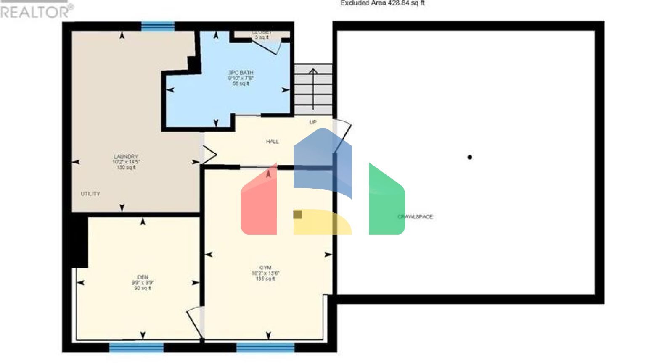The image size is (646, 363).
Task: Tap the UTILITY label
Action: pyautogui.click(x=90, y=194)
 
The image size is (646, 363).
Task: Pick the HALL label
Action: pyautogui.click(x=273, y=142)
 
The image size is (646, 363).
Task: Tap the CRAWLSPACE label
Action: pyautogui.click(x=415, y=217)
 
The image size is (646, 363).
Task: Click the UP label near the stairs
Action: pyautogui.click(x=313, y=122)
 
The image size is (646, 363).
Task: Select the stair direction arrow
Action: pyautogui.click(x=313, y=88)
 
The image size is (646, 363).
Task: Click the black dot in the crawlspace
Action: pyautogui.click(x=470, y=157)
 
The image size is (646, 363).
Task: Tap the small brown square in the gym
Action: pyautogui.click(x=297, y=215)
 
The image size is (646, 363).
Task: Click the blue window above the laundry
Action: pyautogui.click(x=158, y=26)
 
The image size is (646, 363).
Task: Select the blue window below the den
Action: pyautogui.click(x=136, y=347)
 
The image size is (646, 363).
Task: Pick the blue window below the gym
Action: pyautogui.click(x=265, y=347)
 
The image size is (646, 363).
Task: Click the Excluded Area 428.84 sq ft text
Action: pyautogui.click(x=382, y=3)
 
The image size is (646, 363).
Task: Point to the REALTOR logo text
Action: pyautogui.click(x=36, y=12)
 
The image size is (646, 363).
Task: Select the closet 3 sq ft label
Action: pyautogui.click(x=262, y=35)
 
